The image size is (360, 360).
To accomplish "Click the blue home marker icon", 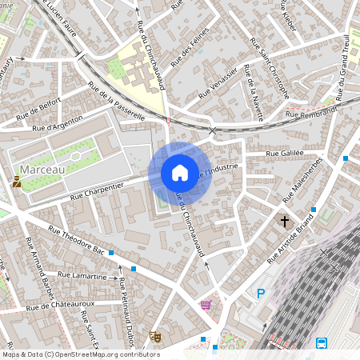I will click(180, 172).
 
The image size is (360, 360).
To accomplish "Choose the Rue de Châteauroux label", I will click(61, 306).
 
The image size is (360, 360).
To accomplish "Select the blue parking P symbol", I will click(260, 294).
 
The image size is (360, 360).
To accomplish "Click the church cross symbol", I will click(284, 220).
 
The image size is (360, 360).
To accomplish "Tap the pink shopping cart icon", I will click(206, 304).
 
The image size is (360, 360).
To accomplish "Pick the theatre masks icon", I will click(155, 338).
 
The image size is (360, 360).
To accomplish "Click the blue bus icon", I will click(322, 343).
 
